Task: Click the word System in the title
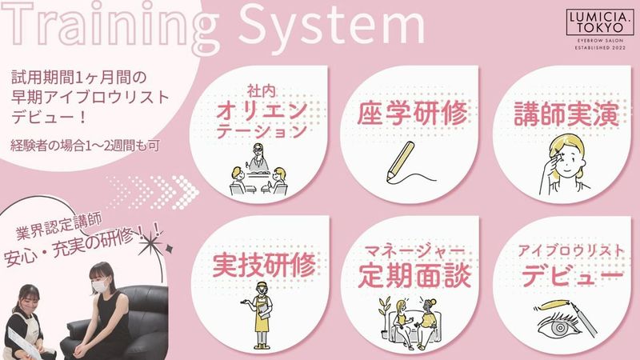(x=336, y=28)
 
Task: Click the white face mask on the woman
(x=98, y=286)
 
